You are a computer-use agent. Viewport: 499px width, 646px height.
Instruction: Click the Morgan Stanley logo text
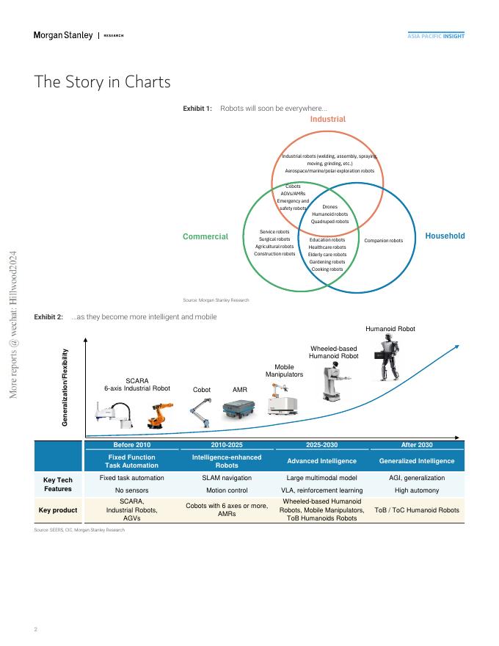[63, 35]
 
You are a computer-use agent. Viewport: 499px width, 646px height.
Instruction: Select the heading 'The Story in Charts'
[102, 81]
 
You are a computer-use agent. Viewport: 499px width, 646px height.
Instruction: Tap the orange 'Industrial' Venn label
[327, 119]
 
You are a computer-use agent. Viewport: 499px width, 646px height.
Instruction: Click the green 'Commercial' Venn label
[205, 236]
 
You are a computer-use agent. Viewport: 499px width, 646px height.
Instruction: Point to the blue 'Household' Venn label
[445, 236]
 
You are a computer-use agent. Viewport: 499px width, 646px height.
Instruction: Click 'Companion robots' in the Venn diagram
[384, 241]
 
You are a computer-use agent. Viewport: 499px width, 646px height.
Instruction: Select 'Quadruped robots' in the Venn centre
[329, 221]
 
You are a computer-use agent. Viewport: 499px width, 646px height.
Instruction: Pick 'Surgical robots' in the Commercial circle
[274, 239]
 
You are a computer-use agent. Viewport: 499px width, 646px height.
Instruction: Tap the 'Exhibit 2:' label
[48, 316]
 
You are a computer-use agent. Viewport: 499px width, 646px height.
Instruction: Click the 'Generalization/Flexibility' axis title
[65, 388]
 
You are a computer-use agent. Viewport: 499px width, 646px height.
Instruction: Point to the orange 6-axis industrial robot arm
[158, 415]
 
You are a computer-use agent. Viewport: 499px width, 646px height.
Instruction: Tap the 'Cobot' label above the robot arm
[202, 390]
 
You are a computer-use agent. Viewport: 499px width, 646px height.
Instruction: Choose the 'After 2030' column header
[416, 445]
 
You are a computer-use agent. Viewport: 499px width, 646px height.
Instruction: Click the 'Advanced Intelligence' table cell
[321, 461]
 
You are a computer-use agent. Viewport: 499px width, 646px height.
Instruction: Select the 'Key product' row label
[58, 510]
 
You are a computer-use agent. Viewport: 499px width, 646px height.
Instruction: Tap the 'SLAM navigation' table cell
[227, 478]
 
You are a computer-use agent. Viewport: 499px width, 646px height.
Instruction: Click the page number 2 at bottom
[36, 629]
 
